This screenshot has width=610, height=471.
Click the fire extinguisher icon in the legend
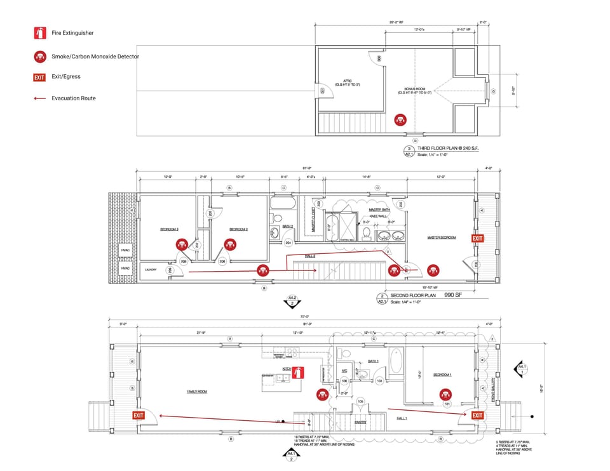pos(40,33)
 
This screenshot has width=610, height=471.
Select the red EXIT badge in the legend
pos(40,77)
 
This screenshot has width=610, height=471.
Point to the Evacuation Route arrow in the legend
pos(40,98)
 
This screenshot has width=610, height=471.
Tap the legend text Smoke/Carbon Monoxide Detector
pos(95,56)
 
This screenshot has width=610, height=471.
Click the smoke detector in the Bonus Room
pos(400,119)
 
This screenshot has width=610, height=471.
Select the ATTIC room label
pos(348,81)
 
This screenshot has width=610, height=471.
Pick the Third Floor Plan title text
pos(448,147)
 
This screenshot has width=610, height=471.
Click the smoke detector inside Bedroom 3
pos(182,243)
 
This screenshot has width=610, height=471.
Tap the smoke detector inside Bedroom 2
pos(229,243)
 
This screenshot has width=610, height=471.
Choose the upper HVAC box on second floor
pos(126,251)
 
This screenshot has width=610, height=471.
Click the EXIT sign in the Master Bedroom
pos(477,238)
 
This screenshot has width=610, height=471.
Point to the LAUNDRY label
pos(151,270)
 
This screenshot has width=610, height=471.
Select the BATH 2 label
pos(287,226)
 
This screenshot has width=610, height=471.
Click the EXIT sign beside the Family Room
pos(139,415)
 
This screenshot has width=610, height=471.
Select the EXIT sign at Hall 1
pos(477,415)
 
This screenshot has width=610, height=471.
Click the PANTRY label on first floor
pos(360,421)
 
